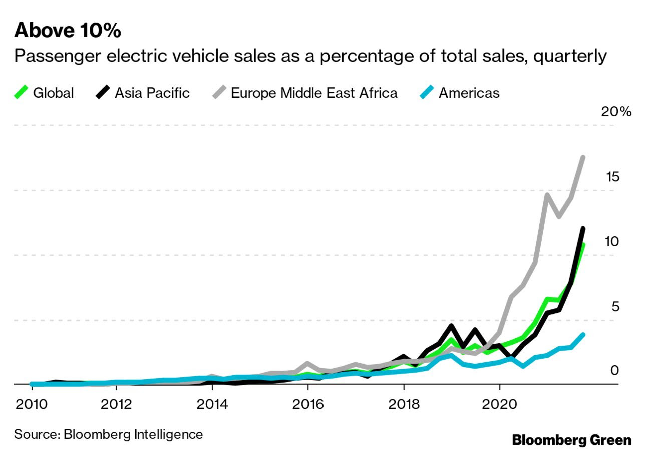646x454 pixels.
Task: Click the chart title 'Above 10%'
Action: tap(68, 31)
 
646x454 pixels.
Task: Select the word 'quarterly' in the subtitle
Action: tap(570, 56)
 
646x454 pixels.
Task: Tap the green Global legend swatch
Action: tap(21, 93)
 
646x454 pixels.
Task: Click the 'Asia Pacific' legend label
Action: tap(152, 93)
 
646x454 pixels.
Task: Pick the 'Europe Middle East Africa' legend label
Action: tap(314, 93)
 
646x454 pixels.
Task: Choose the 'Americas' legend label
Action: tap(469, 93)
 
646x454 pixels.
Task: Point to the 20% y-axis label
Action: tap(616, 111)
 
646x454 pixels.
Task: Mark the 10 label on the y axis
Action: tap(611, 241)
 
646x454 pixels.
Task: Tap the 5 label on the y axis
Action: tap(615, 306)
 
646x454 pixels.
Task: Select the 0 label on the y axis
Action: tap(615, 370)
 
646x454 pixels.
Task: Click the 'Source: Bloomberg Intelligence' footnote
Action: tap(108, 434)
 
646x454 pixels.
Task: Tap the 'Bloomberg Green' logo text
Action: tap(571, 440)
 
